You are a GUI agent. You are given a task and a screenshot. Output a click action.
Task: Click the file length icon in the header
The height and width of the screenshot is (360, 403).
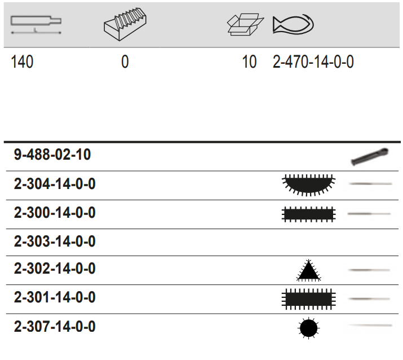(x=36, y=24)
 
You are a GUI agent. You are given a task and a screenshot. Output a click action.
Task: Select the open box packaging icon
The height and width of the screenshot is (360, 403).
(x=245, y=23)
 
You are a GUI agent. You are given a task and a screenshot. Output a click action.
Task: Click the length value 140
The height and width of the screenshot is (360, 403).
(x=23, y=62)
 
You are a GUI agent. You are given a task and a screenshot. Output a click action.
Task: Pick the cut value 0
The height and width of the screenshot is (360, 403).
(x=125, y=62)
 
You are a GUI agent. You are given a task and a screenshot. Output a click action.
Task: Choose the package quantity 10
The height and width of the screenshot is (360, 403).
(x=249, y=62)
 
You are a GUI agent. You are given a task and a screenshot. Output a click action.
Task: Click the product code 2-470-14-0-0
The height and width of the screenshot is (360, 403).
(x=313, y=62)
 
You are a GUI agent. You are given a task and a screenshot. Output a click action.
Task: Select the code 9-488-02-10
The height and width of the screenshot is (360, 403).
(x=52, y=155)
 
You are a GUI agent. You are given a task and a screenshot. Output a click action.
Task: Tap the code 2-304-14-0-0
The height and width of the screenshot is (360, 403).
(x=55, y=185)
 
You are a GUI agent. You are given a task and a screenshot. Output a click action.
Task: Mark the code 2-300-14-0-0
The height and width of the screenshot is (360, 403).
(x=55, y=213)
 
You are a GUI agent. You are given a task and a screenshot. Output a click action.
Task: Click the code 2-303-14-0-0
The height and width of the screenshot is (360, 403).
(x=55, y=242)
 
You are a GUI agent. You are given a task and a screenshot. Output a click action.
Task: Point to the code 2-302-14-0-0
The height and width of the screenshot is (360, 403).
(x=55, y=269)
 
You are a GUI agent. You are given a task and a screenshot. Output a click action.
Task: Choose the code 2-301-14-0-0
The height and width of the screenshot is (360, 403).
(x=55, y=297)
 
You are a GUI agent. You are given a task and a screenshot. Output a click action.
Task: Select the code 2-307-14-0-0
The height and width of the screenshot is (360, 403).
(x=55, y=327)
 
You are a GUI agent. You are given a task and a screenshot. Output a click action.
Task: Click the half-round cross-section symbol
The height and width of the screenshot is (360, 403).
(x=308, y=185)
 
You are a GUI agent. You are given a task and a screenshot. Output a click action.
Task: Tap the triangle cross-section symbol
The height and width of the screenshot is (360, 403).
(x=308, y=271)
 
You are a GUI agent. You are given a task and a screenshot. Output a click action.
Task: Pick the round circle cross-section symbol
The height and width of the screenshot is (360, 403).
(x=308, y=328)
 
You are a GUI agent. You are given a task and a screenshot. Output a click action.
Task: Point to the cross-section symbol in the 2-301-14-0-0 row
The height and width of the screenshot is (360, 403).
(x=308, y=298)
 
